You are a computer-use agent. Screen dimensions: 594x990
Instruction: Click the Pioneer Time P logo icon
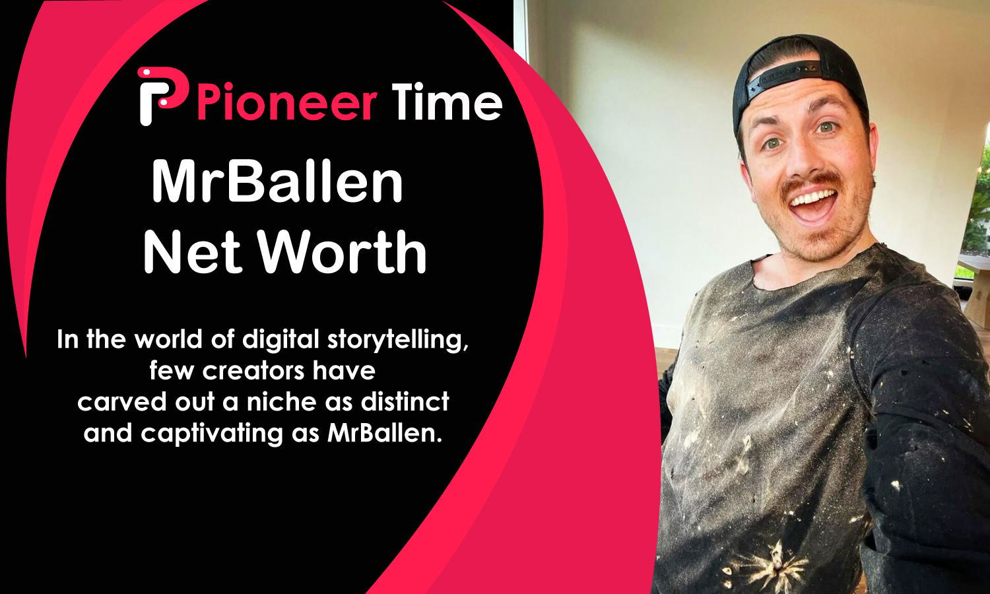click(x=162, y=96)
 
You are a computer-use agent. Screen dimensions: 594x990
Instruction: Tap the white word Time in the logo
click(x=447, y=102)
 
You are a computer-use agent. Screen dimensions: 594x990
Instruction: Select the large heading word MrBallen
click(x=277, y=181)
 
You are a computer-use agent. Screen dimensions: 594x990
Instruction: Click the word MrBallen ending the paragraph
click(x=384, y=434)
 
